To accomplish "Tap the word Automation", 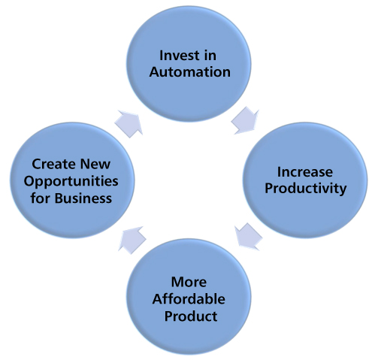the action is tap(190, 72).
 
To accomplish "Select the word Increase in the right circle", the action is tap(305, 172).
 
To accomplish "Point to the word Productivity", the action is tap(306, 189).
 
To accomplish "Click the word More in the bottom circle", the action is tap(189, 282).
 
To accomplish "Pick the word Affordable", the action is tap(189, 299).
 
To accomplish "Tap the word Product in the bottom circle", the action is tap(191, 316).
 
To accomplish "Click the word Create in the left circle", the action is tap(53, 164).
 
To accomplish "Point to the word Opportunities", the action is tap(71, 181).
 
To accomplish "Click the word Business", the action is tap(83, 198).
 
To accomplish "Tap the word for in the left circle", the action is tap(40, 198).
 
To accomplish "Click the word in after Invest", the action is tap(210, 55).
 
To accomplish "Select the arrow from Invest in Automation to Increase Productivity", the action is tap(246, 120).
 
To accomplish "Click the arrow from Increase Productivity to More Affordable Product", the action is tap(249, 237).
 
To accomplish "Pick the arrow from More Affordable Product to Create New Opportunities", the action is tap(132, 240).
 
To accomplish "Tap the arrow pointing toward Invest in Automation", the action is tap(129, 124).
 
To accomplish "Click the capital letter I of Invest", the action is tap(161, 56).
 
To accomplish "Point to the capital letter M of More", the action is tap(177, 282).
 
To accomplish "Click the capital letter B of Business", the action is tap(59, 198).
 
